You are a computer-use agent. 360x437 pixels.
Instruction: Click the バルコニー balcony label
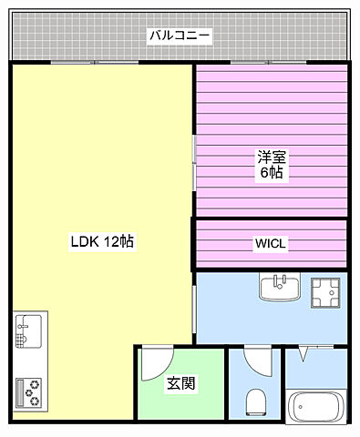(180, 36)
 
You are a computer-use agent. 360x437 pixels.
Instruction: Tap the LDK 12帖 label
(103, 242)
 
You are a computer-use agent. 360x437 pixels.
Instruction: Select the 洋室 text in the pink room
(270, 156)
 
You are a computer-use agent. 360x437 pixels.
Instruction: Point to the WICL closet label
(270, 244)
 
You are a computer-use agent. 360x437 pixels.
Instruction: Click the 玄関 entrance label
(180, 384)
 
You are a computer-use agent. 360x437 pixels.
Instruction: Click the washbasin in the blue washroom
(280, 288)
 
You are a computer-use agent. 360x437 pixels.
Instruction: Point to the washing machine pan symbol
(324, 291)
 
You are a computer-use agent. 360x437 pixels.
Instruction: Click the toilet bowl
(256, 400)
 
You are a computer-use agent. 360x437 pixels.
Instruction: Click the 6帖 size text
(270, 172)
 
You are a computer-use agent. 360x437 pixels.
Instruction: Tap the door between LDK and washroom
(194, 310)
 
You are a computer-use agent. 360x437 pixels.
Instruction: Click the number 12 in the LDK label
(112, 242)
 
